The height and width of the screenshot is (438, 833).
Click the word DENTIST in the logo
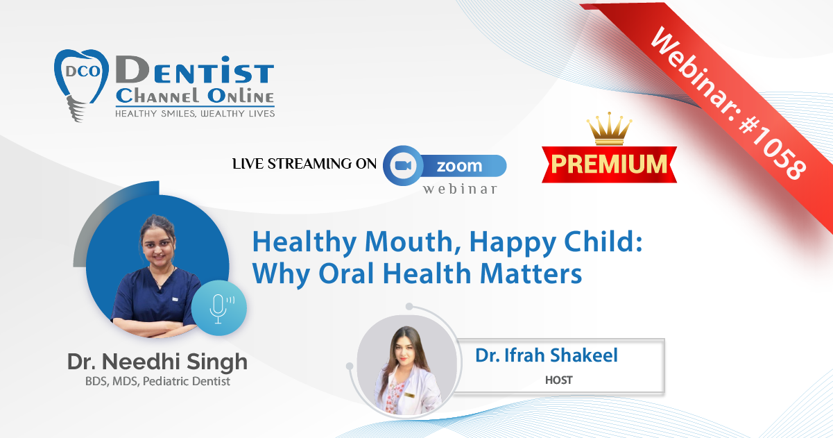(x=195, y=69)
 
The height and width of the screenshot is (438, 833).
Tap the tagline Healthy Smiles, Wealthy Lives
(x=195, y=114)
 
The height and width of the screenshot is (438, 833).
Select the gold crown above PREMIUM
(x=609, y=128)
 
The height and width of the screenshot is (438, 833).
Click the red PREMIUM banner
(x=609, y=165)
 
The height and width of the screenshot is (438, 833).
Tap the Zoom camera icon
(x=403, y=166)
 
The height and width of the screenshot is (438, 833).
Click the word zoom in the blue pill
(x=459, y=166)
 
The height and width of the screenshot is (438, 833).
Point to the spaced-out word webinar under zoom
(x=461, y=189)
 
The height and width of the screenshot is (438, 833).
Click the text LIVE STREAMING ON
(x=304, y=164)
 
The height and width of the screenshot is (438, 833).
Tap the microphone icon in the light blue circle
(x=221, y=308)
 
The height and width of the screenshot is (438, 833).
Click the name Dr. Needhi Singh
(x=157, y=362)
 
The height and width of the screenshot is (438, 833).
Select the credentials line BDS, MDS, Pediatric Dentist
(x=157, y=382)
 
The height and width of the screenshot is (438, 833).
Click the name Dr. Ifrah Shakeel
(x=547, y=355)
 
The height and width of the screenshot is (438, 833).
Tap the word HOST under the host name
(x=559, y=380)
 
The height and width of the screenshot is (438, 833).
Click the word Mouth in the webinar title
(x=409, y=242)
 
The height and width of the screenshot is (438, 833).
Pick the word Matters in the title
(x=531, y=274)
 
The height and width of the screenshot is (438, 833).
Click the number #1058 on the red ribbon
(x=773, y=148)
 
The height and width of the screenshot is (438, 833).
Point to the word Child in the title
(x=603, y=242)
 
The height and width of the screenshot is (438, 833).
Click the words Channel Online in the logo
(x=195, y=96)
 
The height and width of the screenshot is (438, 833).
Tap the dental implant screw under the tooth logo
(x=76, y=109)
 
